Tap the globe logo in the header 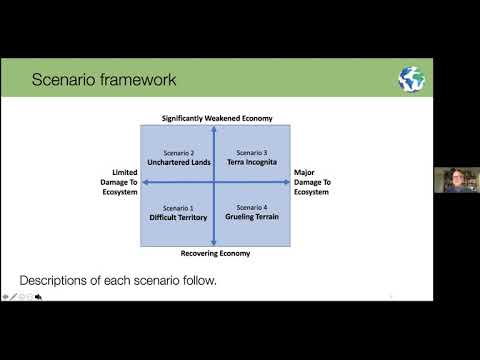[x=411, y=79]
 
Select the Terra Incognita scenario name [x=252, y=161]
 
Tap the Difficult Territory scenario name [x=178, y=216]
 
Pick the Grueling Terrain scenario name [x=252, y=216]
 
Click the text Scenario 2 [x=178, y=152]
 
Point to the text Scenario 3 [x=252, y=152]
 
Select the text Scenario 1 [x=178, y=207]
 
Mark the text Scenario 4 [x=252, y=207]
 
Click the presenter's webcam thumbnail [x=455, y=180]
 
